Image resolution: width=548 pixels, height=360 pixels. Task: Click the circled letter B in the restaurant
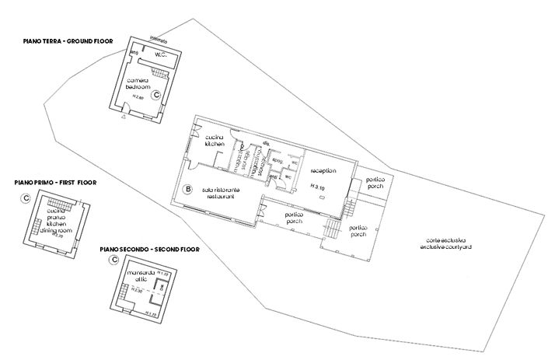coord(187,188)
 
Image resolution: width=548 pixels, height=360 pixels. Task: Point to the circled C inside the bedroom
coord(156,94)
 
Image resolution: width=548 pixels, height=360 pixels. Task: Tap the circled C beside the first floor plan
coord(26,198)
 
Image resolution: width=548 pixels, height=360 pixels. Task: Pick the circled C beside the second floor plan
coord(113,261)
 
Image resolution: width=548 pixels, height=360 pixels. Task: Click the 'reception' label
coord(322,170)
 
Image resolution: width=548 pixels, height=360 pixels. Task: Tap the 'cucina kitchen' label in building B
coord(215,141)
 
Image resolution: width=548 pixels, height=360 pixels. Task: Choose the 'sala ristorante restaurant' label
coord(221,194)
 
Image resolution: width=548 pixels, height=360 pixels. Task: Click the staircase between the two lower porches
coord(332,228)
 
